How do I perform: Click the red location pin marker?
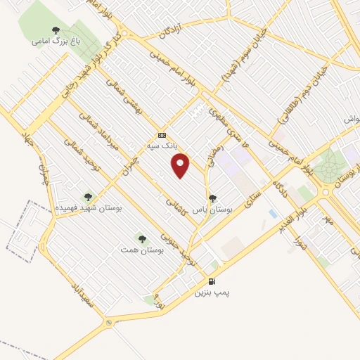coord(181,165)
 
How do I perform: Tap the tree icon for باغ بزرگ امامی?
coord(56,30)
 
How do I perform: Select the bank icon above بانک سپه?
coord(162,135)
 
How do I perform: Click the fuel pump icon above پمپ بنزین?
coord(212,281)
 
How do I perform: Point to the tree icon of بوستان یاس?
coord(213,198)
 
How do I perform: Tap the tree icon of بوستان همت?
coord(142,239)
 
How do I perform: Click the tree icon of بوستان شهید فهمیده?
coord(88,197)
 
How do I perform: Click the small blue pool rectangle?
coord(273,213)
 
